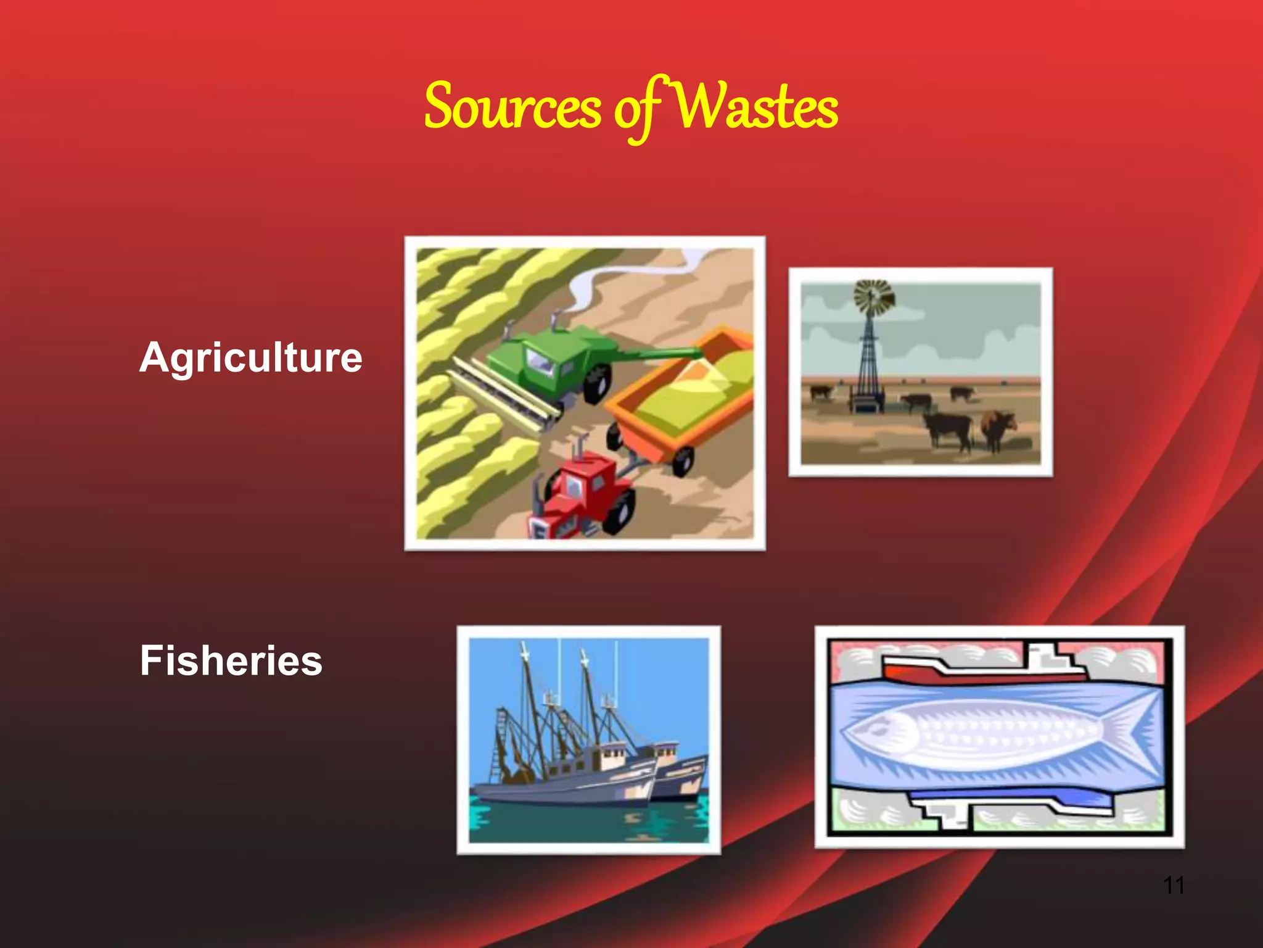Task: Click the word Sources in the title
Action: [512, 108]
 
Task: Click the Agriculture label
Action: [250, 358]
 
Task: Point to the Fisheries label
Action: [231, 660]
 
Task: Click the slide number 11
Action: [1173, 885]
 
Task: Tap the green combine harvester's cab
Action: [543, 361]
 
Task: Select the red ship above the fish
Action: [981, 670]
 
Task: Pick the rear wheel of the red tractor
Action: [620, 512]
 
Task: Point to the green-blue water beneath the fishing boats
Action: [586, 824]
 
